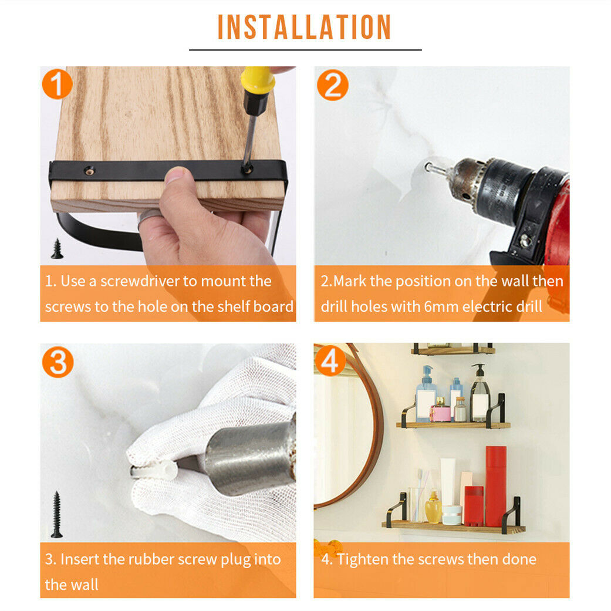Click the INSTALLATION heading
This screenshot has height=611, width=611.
304,27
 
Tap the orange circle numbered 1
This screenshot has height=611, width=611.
58,84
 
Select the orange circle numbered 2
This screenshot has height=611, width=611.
332,85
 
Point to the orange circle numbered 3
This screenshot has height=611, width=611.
58,362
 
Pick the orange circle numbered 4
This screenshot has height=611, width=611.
330,360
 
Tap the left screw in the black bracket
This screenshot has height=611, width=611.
90,170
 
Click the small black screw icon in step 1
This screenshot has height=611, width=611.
57,249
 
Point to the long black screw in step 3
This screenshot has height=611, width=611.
57,514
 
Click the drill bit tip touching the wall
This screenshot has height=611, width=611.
428,167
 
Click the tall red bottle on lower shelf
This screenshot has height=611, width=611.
495,486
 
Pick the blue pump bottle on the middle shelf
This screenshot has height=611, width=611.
426,394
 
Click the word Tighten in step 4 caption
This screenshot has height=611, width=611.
363,560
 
